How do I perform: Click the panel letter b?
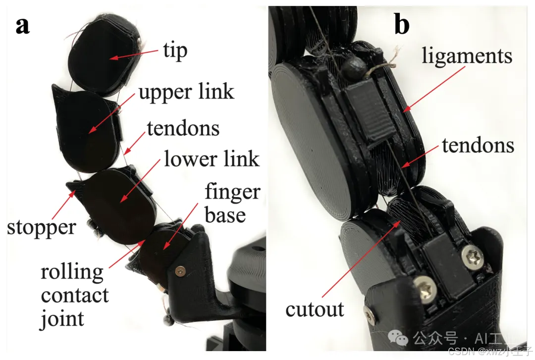(402, 25)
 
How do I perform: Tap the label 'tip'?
(175, 51)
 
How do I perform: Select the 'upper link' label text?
(186, 92)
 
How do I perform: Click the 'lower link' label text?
(212, 159)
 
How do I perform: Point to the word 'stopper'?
(42, 227)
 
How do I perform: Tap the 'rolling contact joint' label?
(75, 296)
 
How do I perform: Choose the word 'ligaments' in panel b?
(467, 56)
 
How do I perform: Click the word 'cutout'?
(315, 309)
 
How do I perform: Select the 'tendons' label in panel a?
(183, 128)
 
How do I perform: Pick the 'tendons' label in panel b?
(478, 146)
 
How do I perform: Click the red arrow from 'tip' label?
(134, 54)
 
